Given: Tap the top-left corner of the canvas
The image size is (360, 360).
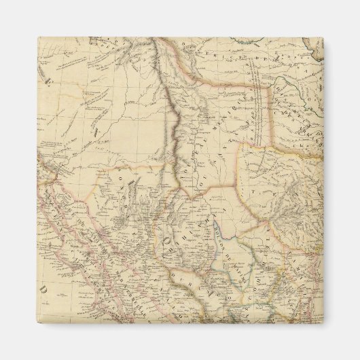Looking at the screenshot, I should [x=38, y=37].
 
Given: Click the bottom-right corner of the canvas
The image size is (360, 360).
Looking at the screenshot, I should [x=323, y=323].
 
